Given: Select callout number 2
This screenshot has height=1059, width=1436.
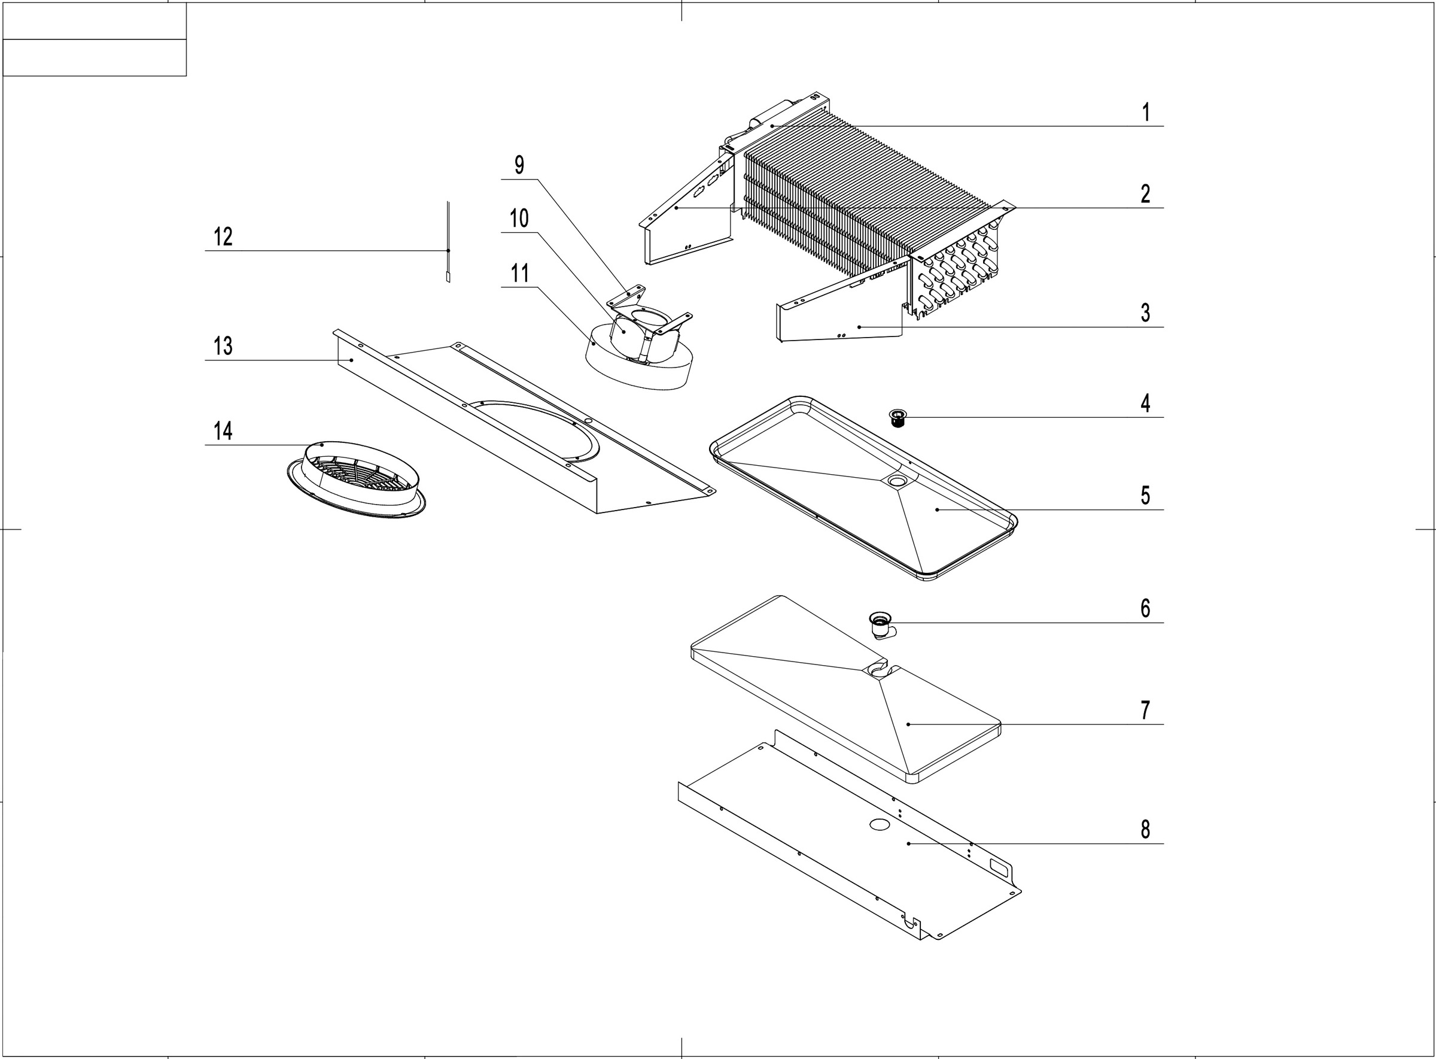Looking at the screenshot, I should pyautogui.click(x=1146, y=193).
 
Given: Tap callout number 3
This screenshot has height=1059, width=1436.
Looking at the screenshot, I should pyautogui.click(x=1146, y=313).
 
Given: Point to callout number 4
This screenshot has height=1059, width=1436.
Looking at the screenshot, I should pyautogui.click(x=1146, y=403).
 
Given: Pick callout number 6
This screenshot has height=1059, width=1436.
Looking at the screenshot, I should pyautogui.click(x=1146, y=608).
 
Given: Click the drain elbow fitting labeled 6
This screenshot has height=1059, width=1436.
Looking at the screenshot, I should pyautogui.click(x=881, y=624).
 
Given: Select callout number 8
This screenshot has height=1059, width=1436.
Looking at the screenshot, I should pyautogui.click(x=1146, y=830).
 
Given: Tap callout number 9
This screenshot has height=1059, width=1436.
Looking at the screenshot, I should pyautogui.click(x=519, y=165).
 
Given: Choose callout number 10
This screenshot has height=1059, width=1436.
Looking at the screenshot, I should pyautogui.click(x=519, y=219).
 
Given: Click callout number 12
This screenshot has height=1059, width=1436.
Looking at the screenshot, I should pyautogui.click(x=223, y=237).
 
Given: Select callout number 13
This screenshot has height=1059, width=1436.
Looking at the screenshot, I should pyautogui.click(x=223, y=346).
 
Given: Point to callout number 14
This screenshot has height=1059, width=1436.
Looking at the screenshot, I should pyautogui.click(x=223, y=431).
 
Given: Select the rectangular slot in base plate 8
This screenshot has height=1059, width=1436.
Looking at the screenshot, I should pyautogui.click(x=999, y=866).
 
